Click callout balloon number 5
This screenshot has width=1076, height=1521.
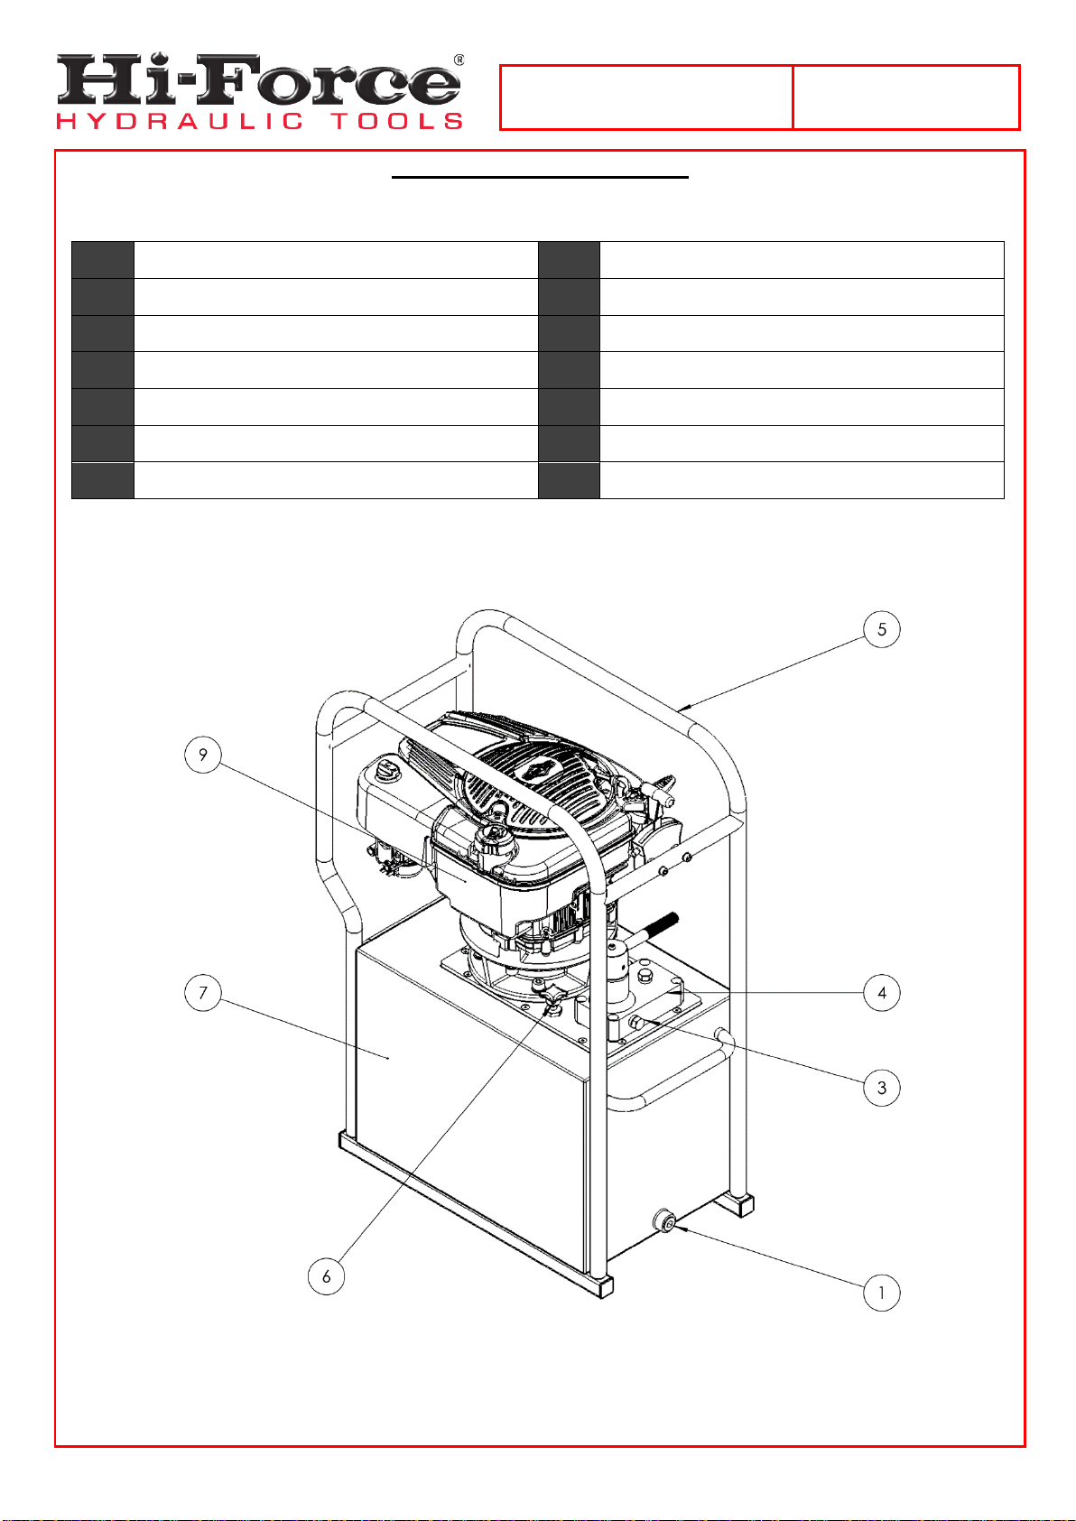881,629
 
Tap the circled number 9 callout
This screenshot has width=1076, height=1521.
203,755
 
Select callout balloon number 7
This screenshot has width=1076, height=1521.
203,993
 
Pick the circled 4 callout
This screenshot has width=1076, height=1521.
881,993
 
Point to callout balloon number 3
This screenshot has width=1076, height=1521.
881,1088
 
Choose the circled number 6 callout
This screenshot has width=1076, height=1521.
326,1276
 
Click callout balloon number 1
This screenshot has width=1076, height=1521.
881,1293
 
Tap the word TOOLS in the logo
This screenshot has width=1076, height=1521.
397,122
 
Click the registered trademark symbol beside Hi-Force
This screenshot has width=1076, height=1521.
459,60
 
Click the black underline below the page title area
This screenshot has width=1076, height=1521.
540,177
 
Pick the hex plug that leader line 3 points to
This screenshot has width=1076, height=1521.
636,1023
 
